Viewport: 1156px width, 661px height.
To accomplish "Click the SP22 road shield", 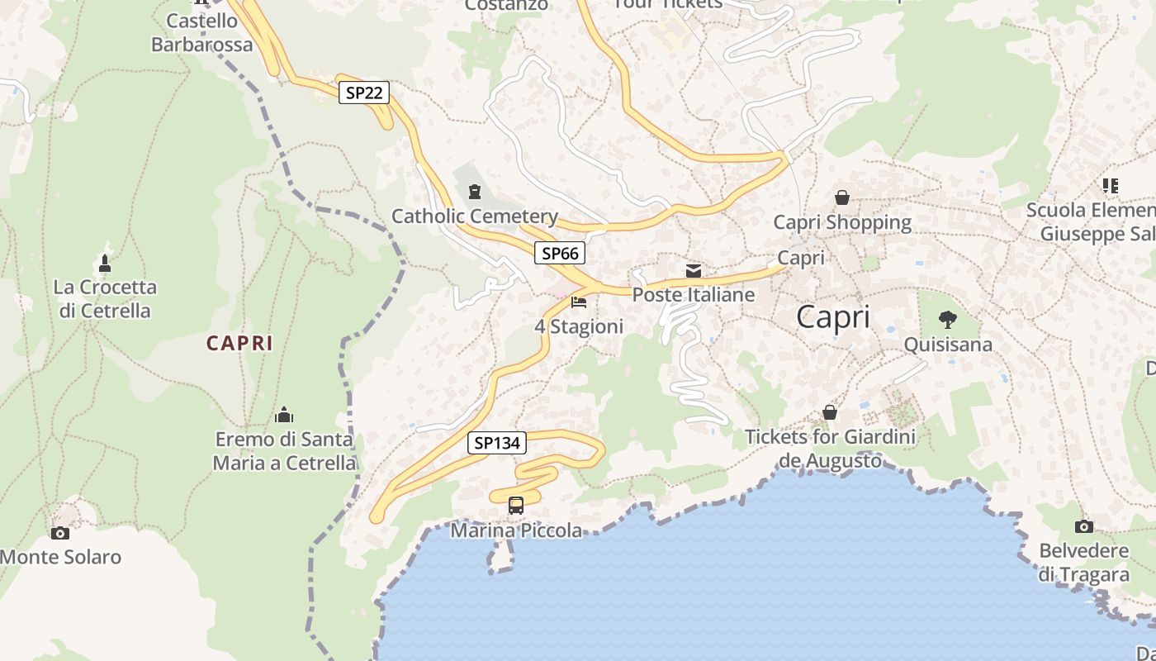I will pos(363,93).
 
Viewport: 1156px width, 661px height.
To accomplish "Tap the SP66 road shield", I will pos(559,253).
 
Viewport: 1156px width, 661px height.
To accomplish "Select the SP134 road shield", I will pos(496,443).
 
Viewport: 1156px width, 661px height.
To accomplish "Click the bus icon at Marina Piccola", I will pos(516,505).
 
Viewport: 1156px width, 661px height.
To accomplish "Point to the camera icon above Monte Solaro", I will pos(60,533).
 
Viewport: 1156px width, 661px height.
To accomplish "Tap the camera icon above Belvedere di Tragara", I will pos(1083,526).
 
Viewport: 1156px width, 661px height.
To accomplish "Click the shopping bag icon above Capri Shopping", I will pos(842,197).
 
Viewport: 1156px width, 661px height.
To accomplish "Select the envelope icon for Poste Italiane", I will pos(694,271).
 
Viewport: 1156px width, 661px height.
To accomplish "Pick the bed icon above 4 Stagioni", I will pos(579,302).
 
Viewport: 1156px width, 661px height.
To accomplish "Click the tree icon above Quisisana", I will pos(948,319).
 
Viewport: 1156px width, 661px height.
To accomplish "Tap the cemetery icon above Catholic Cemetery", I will pos(474,192).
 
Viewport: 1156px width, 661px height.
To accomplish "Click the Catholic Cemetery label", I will pos(475,216).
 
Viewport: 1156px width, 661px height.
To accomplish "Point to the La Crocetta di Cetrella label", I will pos(105,299).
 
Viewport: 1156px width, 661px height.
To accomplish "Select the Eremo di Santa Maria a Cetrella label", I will pos(284,451).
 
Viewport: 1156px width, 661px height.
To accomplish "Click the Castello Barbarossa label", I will pos(202,32).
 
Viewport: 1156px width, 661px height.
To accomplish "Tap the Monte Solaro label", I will pos(60,557).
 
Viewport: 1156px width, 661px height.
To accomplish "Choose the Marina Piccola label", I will pos(516,530).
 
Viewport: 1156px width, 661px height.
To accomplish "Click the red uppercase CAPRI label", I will pos(239,343).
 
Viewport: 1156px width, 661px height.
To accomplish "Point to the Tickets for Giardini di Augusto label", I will pos(830,448).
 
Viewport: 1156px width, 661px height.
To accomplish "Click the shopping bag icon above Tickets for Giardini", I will pos(830,411).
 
